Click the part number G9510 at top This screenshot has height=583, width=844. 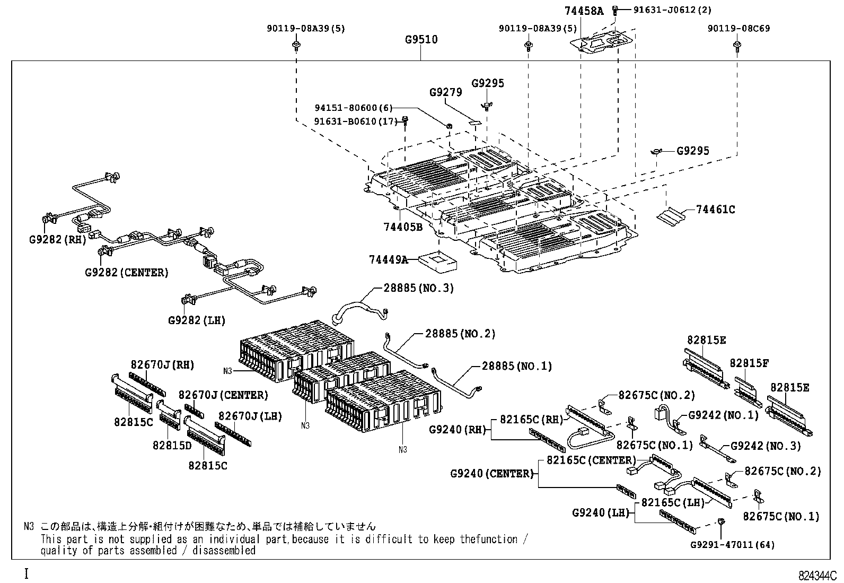tap(421, 40)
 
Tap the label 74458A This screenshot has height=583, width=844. tap(584, 11)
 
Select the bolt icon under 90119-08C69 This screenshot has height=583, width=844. tap(737, 46)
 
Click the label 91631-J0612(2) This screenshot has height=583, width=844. tap(665, 10)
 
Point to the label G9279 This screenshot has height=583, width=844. tap(445, 92)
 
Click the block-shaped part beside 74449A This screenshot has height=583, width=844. tap(439, 260)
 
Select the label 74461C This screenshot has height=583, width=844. tap(715, 210)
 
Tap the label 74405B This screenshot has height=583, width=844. tap(403, 228)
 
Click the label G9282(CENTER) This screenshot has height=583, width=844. tap(127, 273)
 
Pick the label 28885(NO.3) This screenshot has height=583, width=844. tap(419, 288)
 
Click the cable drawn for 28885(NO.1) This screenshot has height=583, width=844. tap(456, 384)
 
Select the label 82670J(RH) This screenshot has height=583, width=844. tap(162, 365)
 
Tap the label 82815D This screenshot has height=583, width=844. tap(172, 446)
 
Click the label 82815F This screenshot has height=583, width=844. tap(749, 363)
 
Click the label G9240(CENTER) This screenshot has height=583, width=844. tap(491, 474)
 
